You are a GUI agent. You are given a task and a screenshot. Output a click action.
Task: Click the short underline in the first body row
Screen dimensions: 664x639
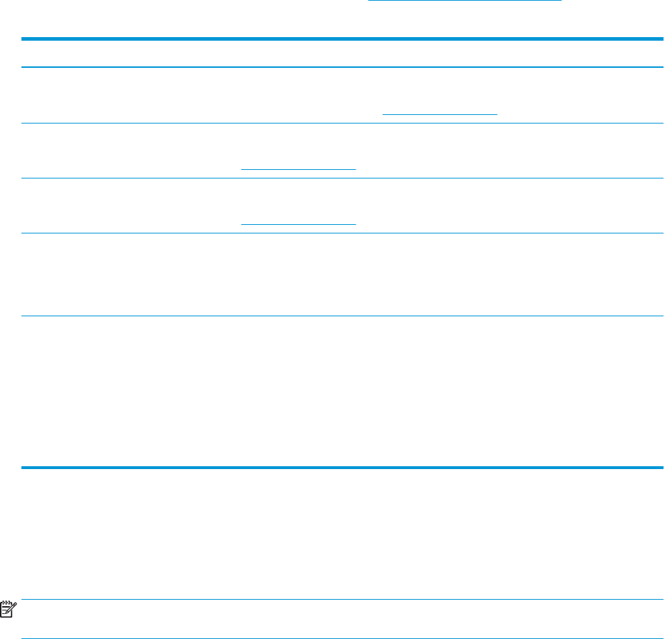(x=440, y=114)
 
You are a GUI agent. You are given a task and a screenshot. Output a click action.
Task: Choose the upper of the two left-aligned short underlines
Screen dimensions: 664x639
(x=298, y=169)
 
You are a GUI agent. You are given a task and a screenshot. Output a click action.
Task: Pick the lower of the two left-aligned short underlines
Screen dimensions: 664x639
(x=298, y=224)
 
